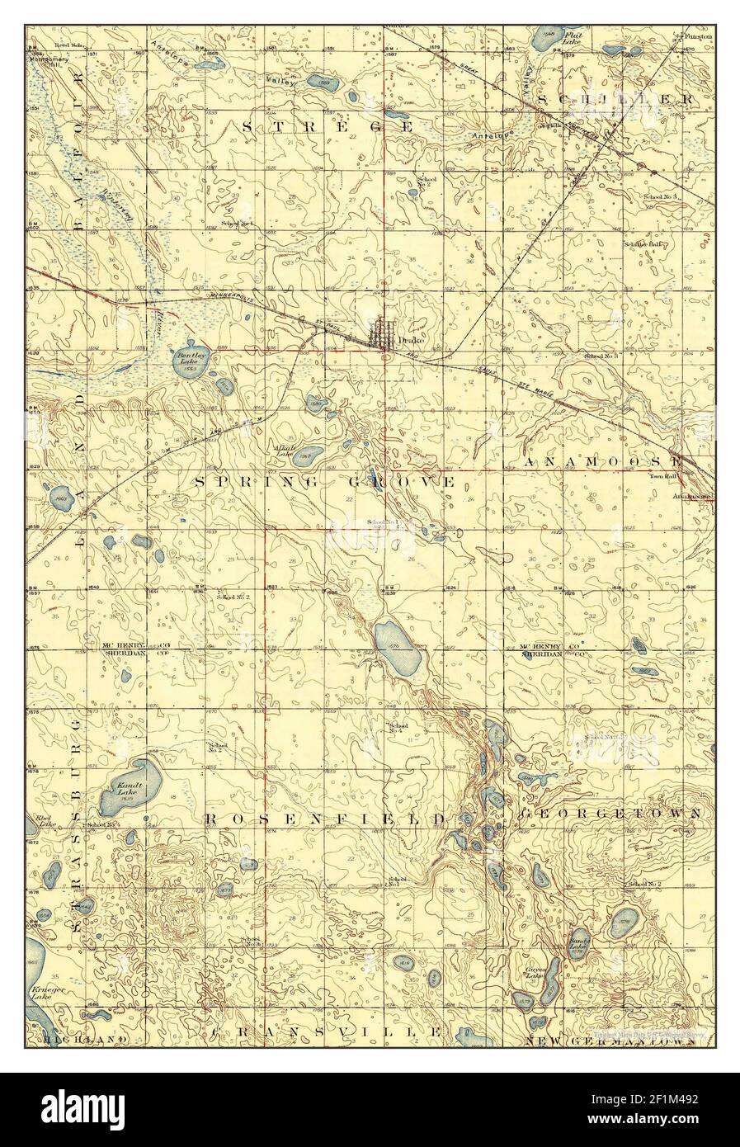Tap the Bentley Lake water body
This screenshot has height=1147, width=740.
pyautogui.click(x=190, y=363)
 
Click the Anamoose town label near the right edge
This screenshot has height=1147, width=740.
pyautogui.click(x=691, y=496)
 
